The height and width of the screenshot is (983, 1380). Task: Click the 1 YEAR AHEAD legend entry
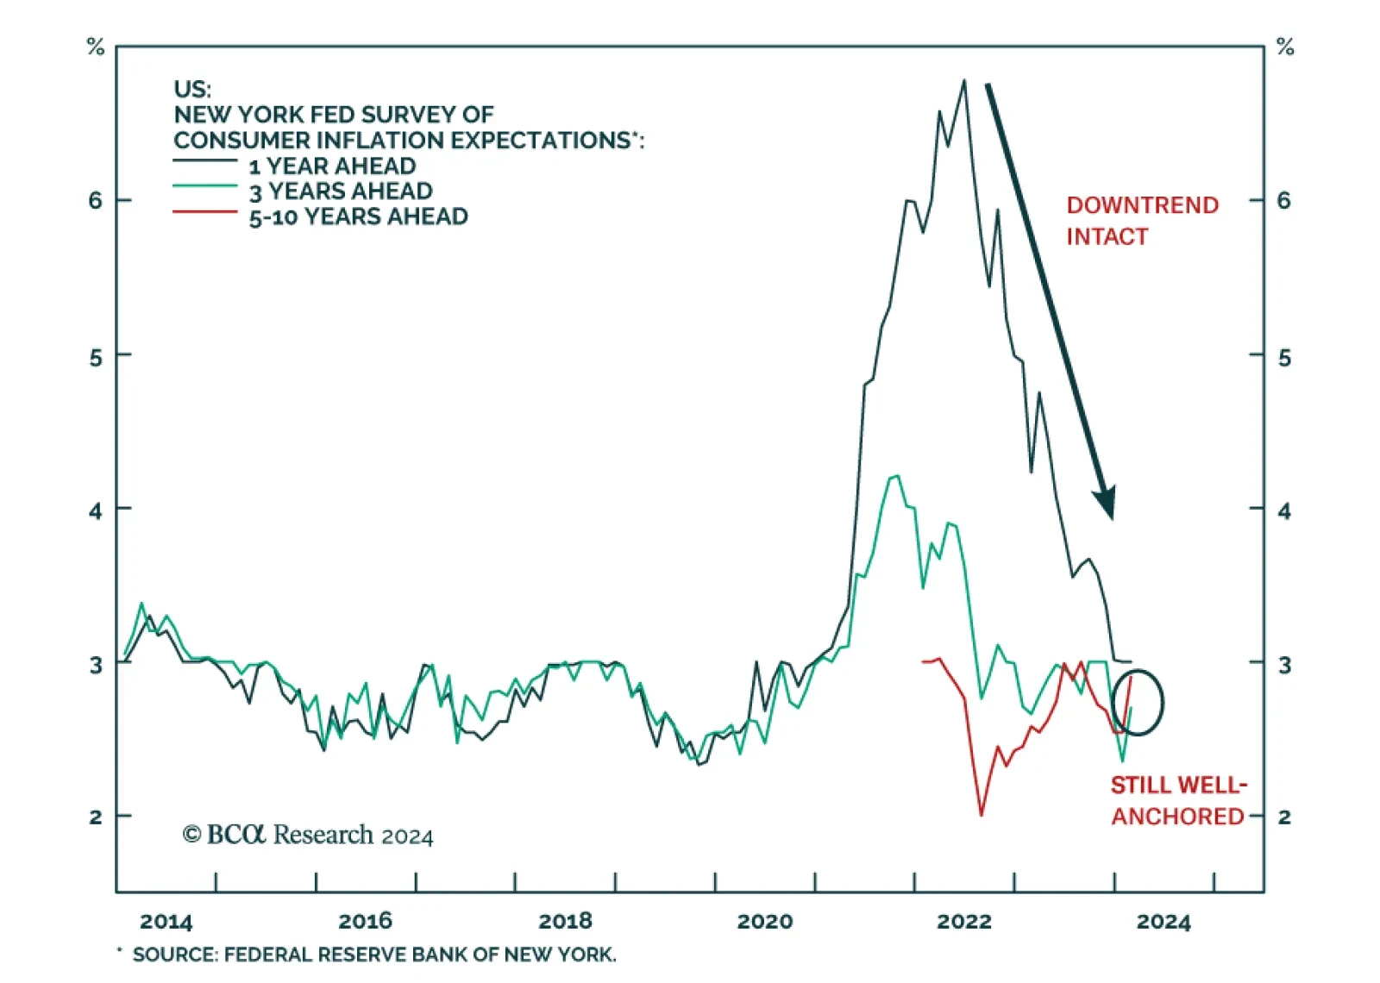pyautogui.click(x=332, y=166)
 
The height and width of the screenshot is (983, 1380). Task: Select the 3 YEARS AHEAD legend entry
pyautogui.click(x=341, y=191)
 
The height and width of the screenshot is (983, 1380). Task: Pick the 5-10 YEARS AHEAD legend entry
pyautogui.click(x=358, y=216)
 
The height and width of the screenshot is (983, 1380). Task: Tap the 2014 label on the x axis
pyautogui.click(x=166, y=922)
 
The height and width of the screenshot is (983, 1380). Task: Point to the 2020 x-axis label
pyautogui.click(x=764, y=922)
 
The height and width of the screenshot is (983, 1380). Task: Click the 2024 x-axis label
pyautogui.click(x=1163, y=922)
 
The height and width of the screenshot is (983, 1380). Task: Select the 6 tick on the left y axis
pyautogui.click(x=95, y=201)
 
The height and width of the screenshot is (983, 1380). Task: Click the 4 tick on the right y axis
pyautogui.click(x=1283, y=511)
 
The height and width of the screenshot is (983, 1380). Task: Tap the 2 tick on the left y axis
pyautogui.click(x=95, y=817)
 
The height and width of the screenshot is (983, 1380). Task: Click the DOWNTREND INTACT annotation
pyautogui.click(x=1141, y=221)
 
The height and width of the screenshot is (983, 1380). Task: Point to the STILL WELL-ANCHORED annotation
pyautogui.click(x=1177, y=800)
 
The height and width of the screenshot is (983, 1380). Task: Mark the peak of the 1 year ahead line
pyautogui.click(x=964, y=81)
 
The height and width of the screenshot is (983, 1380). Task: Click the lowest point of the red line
pyautogui.click(x=982, y=814)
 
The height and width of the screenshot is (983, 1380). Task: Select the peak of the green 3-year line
pyautogui.click(x=897, y=475)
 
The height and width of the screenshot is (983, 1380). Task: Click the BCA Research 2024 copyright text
pyautogui.click(x=308, y=835)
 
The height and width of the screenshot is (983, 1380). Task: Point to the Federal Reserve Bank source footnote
pyautogui.click(x=373, y=955)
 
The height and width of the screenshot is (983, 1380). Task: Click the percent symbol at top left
pyautogui.click(x=96, y=47)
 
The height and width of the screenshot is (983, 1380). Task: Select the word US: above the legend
pyautogui.click(x=191, y=89)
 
